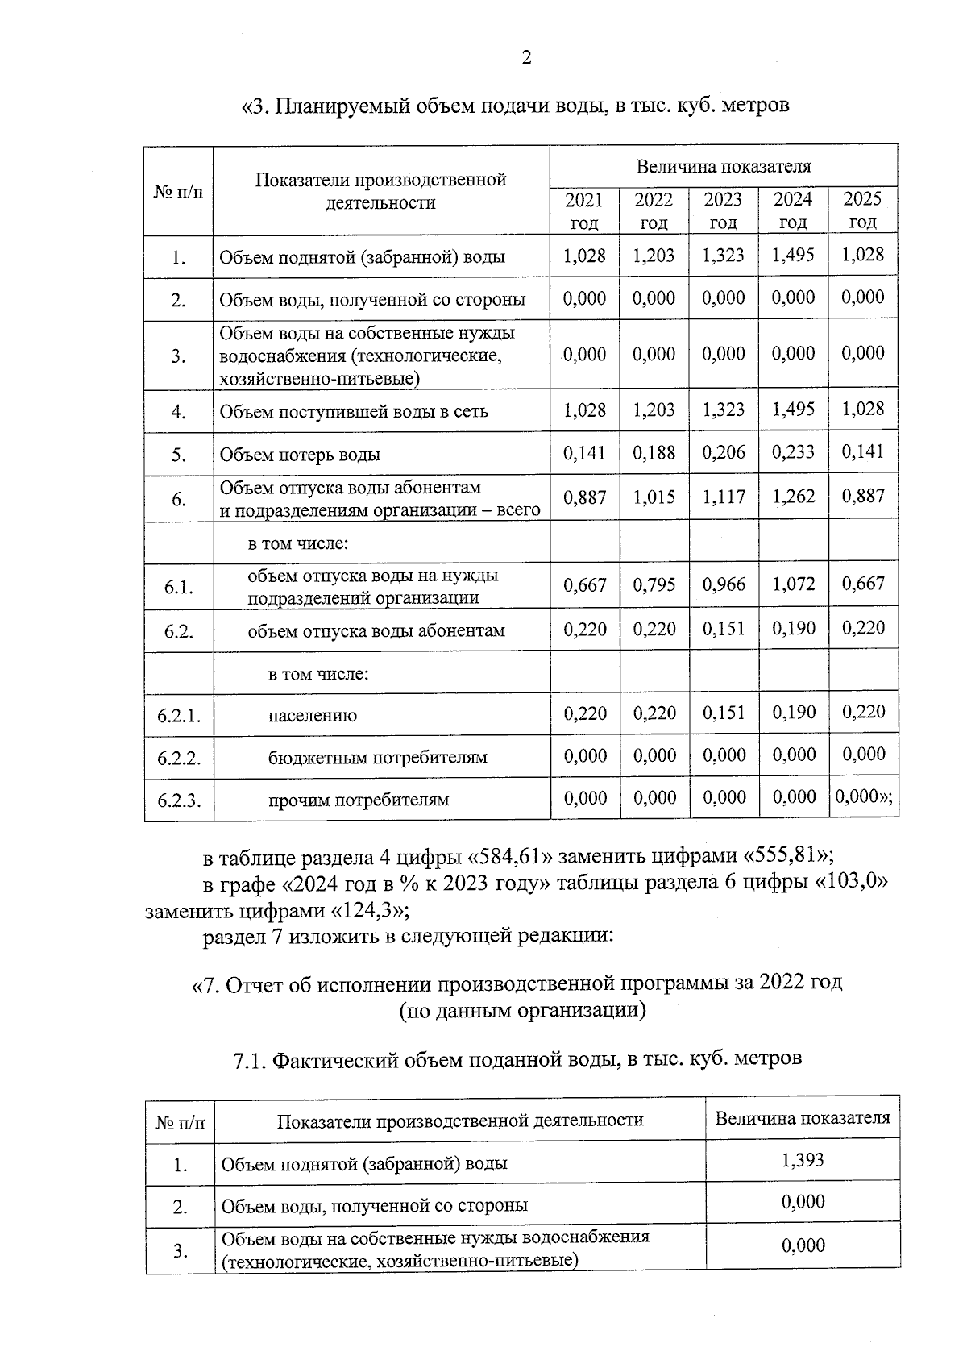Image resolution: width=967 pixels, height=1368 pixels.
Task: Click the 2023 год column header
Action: (x=724, y=210)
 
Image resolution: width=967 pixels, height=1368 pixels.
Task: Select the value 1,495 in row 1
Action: (x=793, y=255)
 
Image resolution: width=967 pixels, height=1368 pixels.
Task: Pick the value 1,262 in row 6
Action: (x=793, y=497)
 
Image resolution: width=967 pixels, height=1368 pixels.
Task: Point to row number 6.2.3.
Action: (x=179, y=800)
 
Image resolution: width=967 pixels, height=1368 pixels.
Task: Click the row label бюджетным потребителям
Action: (x=378, y=758)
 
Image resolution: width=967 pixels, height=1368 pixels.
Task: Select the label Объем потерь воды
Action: (x=300, y=455)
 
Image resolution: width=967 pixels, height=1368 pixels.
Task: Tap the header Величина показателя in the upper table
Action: (x=723, y=167)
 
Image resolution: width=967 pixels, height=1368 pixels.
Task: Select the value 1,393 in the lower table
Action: (x=803, y=1160)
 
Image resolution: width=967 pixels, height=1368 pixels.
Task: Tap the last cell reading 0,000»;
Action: (x=864, y=797)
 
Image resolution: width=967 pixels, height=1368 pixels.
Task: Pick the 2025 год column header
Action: (x=862, y=210)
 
